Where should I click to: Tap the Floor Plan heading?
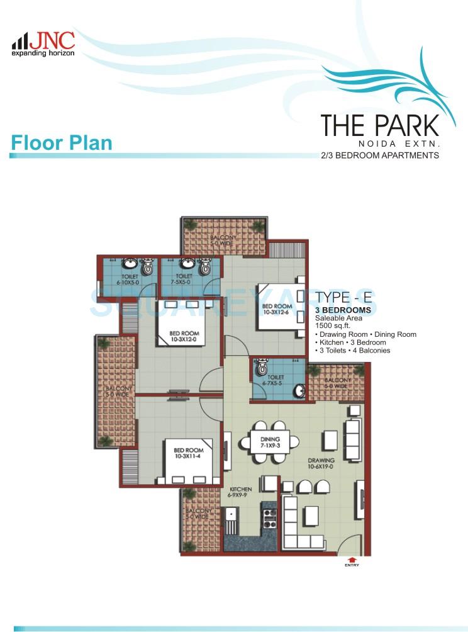tap(62, 142)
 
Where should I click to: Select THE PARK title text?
tap(379, 125)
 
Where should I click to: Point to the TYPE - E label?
tap(347, 298)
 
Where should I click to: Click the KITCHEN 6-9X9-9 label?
tap(240, 492)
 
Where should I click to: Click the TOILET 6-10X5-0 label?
tap(130, 279)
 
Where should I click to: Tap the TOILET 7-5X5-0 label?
tap(184, 279)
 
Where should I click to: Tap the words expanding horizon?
tap(43, 54)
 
